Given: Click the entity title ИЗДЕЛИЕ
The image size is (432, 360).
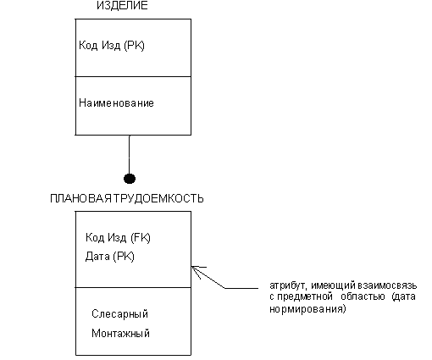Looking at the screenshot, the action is pos(122,6).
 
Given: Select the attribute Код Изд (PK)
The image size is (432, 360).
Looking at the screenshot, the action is pos(112,46).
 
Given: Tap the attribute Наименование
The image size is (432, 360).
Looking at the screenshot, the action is pos(116,103).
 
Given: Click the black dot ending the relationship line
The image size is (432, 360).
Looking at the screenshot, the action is pos(130,179).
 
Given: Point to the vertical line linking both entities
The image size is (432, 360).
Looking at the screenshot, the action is pos(130,154).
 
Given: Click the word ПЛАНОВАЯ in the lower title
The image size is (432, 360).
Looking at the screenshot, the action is pos(81,199).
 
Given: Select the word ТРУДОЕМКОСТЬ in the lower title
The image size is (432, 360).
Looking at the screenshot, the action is pos(158,199).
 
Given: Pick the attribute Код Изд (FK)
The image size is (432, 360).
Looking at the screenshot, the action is pos(118,238).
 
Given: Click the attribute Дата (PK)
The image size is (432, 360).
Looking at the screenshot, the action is pos(110,257).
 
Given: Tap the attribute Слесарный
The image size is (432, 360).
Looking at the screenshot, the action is pos(119,314).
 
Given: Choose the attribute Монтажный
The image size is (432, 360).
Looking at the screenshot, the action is pos(120,334).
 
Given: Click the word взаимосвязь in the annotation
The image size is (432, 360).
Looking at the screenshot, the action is pos(387,285).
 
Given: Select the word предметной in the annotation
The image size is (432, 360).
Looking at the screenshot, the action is pos(305,297).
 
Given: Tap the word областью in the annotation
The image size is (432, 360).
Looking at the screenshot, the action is pos(363,297).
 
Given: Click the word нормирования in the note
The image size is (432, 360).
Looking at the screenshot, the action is pos(307,309).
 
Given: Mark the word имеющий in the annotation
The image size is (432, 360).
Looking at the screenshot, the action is pos(334,285).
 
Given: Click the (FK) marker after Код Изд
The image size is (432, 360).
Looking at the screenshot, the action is pos(141,238).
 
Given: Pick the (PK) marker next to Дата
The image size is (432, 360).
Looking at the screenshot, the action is pos(124,257).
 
